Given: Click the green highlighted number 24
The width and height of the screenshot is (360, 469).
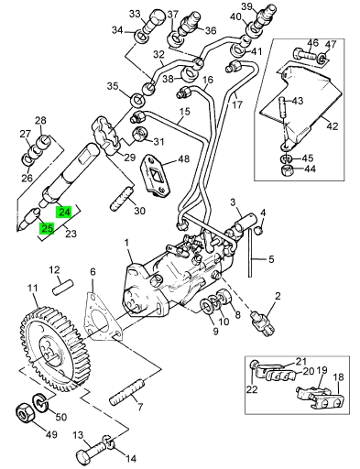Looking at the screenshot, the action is tap(63, 212).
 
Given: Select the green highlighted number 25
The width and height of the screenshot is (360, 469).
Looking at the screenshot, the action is tap(46, 228).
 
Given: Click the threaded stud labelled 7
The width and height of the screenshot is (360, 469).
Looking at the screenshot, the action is tap(125, 391).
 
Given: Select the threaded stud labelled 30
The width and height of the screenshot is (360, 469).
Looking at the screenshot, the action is tap(122, 199).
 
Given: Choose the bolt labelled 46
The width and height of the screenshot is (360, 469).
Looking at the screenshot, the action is tap(306, 55).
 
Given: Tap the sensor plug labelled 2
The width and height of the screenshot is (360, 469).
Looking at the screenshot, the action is tap(262, 322).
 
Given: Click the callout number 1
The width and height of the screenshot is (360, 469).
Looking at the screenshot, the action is tap(126, 244).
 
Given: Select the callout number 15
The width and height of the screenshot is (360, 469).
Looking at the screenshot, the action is tap(184, 112).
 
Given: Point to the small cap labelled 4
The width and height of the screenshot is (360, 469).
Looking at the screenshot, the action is tap(259, 230).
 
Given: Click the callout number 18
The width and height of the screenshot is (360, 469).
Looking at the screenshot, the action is tap(338, 377).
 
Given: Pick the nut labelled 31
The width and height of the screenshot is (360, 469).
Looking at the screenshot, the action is tap(139, 134).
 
